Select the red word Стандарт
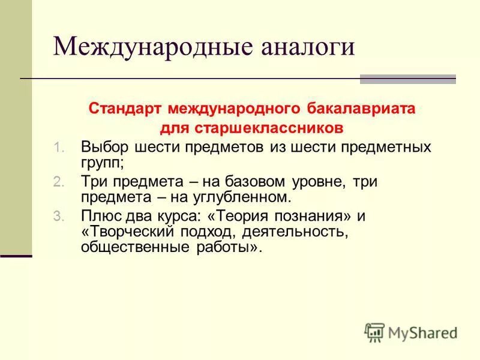[x=125, y=109]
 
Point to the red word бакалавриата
[x=365, y=109]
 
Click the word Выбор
[x=104, y=147]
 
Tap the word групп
[x=100, y=162]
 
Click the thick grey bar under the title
[x=407, y=79]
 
